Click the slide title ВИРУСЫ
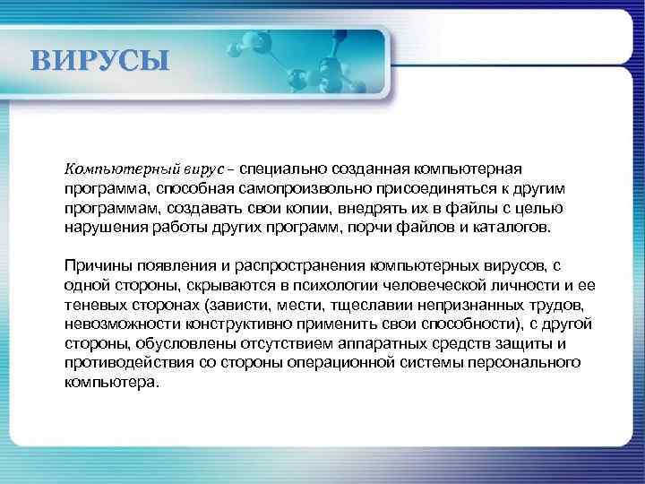click(x=99, y=62)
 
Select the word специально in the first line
click(x=284, y=169)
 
